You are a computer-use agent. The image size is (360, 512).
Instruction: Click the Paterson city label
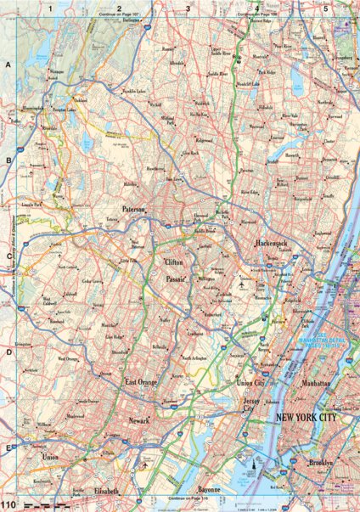pos(134,208)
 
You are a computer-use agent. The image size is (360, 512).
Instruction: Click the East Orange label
pos(141,384)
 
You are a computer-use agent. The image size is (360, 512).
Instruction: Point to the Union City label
pos(250,384)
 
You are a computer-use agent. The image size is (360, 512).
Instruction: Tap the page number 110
pos(9,506)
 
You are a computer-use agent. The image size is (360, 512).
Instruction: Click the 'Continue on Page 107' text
pos(122,15)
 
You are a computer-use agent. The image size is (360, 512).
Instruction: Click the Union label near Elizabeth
pos(50,459)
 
